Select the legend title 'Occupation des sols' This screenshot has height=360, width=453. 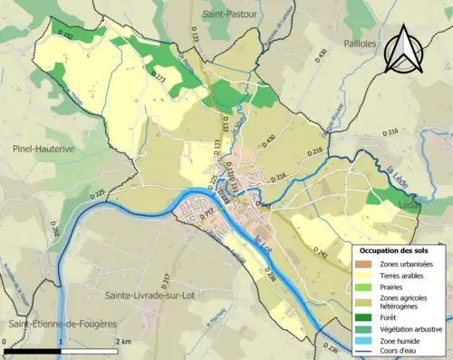(x=398, y=250)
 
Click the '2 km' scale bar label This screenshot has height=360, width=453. (x=124, y=341)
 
